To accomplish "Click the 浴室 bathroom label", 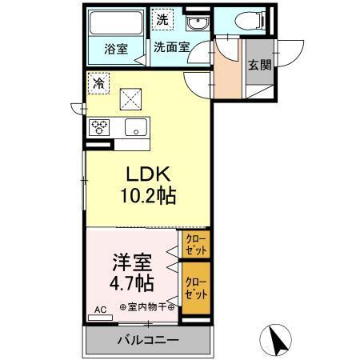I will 117,48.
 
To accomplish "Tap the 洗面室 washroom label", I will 171,47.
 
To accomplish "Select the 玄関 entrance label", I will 258,65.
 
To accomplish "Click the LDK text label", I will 148,174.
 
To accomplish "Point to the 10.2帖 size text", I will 148,194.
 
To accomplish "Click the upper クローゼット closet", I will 194,242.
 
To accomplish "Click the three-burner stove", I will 101,126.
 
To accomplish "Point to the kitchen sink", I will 134,126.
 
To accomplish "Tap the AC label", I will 100,309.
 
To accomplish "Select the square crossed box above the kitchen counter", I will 130,98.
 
